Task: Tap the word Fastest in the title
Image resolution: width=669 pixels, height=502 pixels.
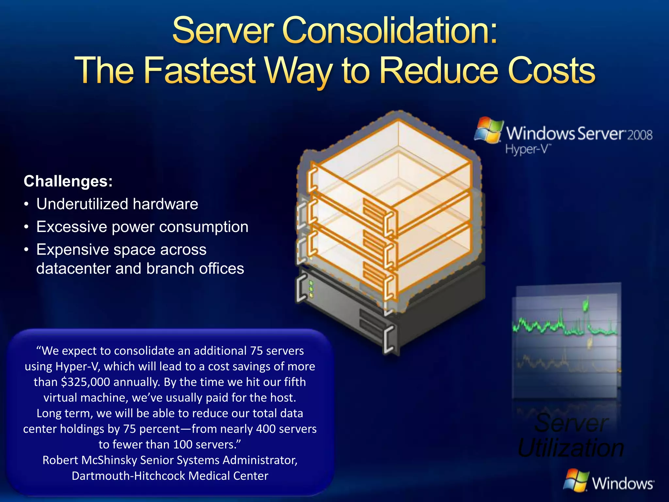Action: pyautogui.click(x=200, y=70)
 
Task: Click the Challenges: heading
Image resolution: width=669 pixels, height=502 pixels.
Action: pyautogui.click(x=68, y=181)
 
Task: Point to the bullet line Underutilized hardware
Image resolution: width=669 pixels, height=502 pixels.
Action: pyautogui.click(x=117, y=204)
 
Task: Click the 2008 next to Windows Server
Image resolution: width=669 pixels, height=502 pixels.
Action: pyautogui.click(x=640, y=135)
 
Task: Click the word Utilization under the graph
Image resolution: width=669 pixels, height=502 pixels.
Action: pyautogui.click(x=571, y=448)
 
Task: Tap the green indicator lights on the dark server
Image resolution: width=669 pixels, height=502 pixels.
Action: pyautogui.click(x=311, y=289)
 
